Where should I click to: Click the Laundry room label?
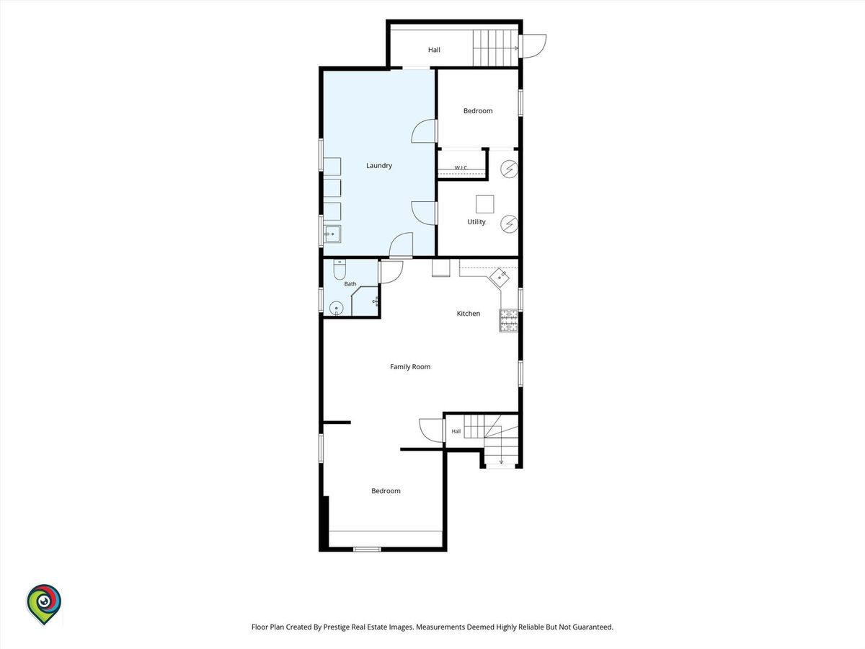click(x=378, y=166)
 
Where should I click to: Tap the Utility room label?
click(x=476, y=222)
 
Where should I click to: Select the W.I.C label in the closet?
click(x=461, y=168)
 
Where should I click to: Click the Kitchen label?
click(x=468, y=314)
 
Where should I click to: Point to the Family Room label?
click(x=410, y=367)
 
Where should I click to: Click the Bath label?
click(x=350, y=283)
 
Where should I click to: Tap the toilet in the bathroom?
click(x=340, y=269)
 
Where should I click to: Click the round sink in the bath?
click(x=336, y=308)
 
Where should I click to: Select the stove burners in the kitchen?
click(x=508, y=320)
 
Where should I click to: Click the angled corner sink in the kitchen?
click(x=500, y=278)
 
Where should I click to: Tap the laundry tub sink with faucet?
click(x=332, y=234)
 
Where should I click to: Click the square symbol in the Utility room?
click(x=484, y=204)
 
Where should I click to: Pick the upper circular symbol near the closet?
click(x=509, y=169)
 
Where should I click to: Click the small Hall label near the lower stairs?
click(x=456, y=431)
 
